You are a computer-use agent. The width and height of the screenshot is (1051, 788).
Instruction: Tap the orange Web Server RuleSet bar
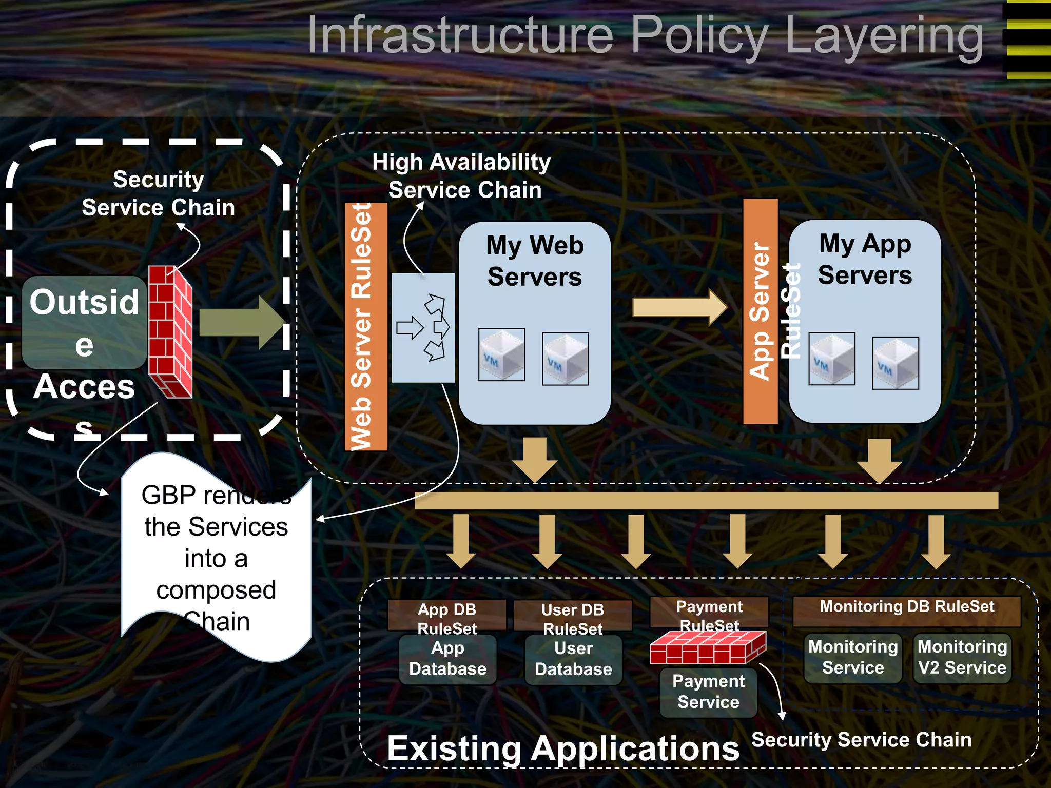pos(365,326)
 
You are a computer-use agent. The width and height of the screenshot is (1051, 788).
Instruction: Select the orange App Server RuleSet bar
pos(760,311)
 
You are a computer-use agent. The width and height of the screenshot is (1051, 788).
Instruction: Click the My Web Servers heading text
pos(535,261)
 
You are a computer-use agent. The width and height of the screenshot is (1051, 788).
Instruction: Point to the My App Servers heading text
pos(865,259)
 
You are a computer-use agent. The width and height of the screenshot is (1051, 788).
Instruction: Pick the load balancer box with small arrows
pos(423,328)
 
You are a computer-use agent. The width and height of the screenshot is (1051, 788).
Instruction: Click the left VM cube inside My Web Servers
pos(501,354)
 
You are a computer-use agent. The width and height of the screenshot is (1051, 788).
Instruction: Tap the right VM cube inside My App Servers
pos(895,363)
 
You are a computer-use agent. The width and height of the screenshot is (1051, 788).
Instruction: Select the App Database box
pos(447,659)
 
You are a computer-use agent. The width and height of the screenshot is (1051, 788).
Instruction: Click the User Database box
pos(573,659)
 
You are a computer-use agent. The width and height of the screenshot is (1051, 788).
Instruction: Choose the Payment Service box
pos(708,692)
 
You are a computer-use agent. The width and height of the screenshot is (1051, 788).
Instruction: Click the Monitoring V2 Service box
pos(962,658)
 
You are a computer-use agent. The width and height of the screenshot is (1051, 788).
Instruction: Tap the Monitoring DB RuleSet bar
pos(907,610)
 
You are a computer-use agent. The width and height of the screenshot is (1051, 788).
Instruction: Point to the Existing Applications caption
pos(563,748)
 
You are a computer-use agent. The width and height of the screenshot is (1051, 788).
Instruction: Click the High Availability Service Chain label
pos(462,175)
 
